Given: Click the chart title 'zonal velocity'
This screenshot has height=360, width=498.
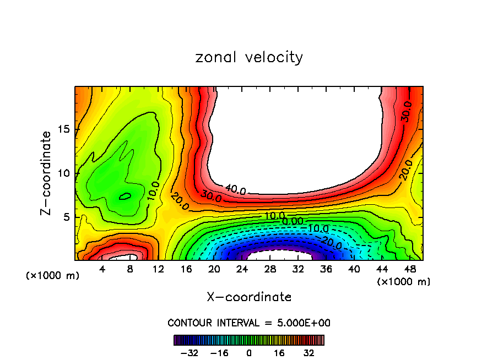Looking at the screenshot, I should click(x=249, y=57).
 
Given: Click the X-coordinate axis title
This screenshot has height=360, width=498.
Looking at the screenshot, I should click(x=249, y=297).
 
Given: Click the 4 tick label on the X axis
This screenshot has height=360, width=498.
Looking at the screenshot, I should click(x=102, y=270).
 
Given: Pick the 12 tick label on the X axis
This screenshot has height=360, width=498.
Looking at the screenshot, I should click(x=159, y=270).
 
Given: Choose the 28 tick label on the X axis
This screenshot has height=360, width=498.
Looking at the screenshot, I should click(x=270, y=270).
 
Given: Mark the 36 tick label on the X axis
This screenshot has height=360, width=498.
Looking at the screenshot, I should click(x=326, y=270).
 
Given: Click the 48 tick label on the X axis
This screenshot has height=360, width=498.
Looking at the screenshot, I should click(x=409, y=270).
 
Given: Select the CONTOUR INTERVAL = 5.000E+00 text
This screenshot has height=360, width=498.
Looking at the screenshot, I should click(x=249, y=323).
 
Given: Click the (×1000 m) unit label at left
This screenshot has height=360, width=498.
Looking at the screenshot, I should click(x=53, y=276).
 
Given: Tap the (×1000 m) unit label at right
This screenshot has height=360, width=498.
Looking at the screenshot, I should click(x=404, y=282).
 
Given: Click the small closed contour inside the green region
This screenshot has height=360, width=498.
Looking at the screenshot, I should click(x=126, y=196).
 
